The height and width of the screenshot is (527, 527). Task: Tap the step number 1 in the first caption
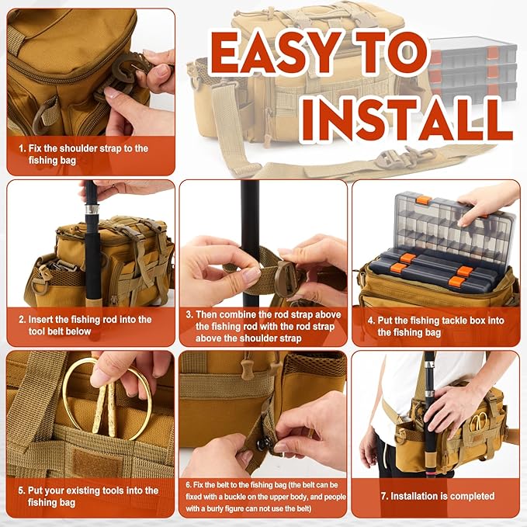point(22,148)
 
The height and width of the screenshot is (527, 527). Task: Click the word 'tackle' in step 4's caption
point(453,321)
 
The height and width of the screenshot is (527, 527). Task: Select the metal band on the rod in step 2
point(91,209)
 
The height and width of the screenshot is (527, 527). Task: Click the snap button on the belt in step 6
point(262,444)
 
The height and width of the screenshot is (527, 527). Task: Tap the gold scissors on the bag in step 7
point(477,421)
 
